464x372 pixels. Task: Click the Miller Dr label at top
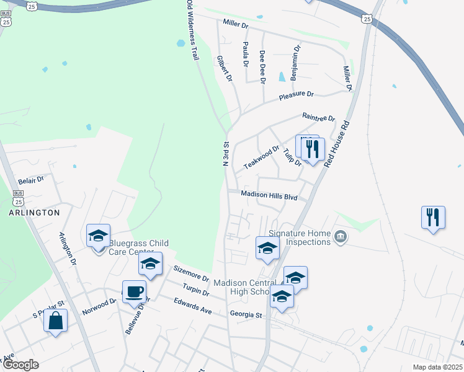(235, 25)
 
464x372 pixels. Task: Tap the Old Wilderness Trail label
(192, 30)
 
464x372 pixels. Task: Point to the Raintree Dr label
(318, 117)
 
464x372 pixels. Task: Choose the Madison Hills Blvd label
(269, 195)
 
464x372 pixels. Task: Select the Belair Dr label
(31, 180)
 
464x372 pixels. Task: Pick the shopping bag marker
(55, 321)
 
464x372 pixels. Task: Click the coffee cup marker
(134, 291)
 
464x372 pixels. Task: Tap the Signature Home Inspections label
(299, 237)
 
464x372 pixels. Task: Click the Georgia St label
(245, 315)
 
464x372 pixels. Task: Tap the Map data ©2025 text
(437, 367)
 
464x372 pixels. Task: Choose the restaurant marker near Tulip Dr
(312, 149)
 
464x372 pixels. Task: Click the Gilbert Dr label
(224, 69)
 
